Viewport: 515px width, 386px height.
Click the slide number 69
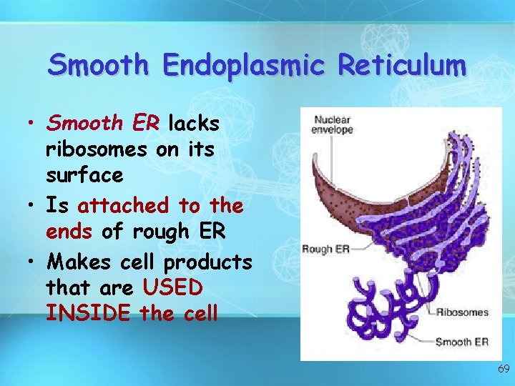[503, 369]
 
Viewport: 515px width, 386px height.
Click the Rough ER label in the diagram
[325, 249]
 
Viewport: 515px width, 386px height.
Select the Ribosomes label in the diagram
[463, 312]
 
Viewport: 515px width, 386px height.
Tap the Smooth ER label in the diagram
[462, 342]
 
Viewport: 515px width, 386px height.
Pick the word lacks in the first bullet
[194, 123]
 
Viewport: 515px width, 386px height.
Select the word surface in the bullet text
[84, 174]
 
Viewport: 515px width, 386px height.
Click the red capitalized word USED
[173, 288]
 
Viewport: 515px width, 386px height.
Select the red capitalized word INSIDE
[87, 314]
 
